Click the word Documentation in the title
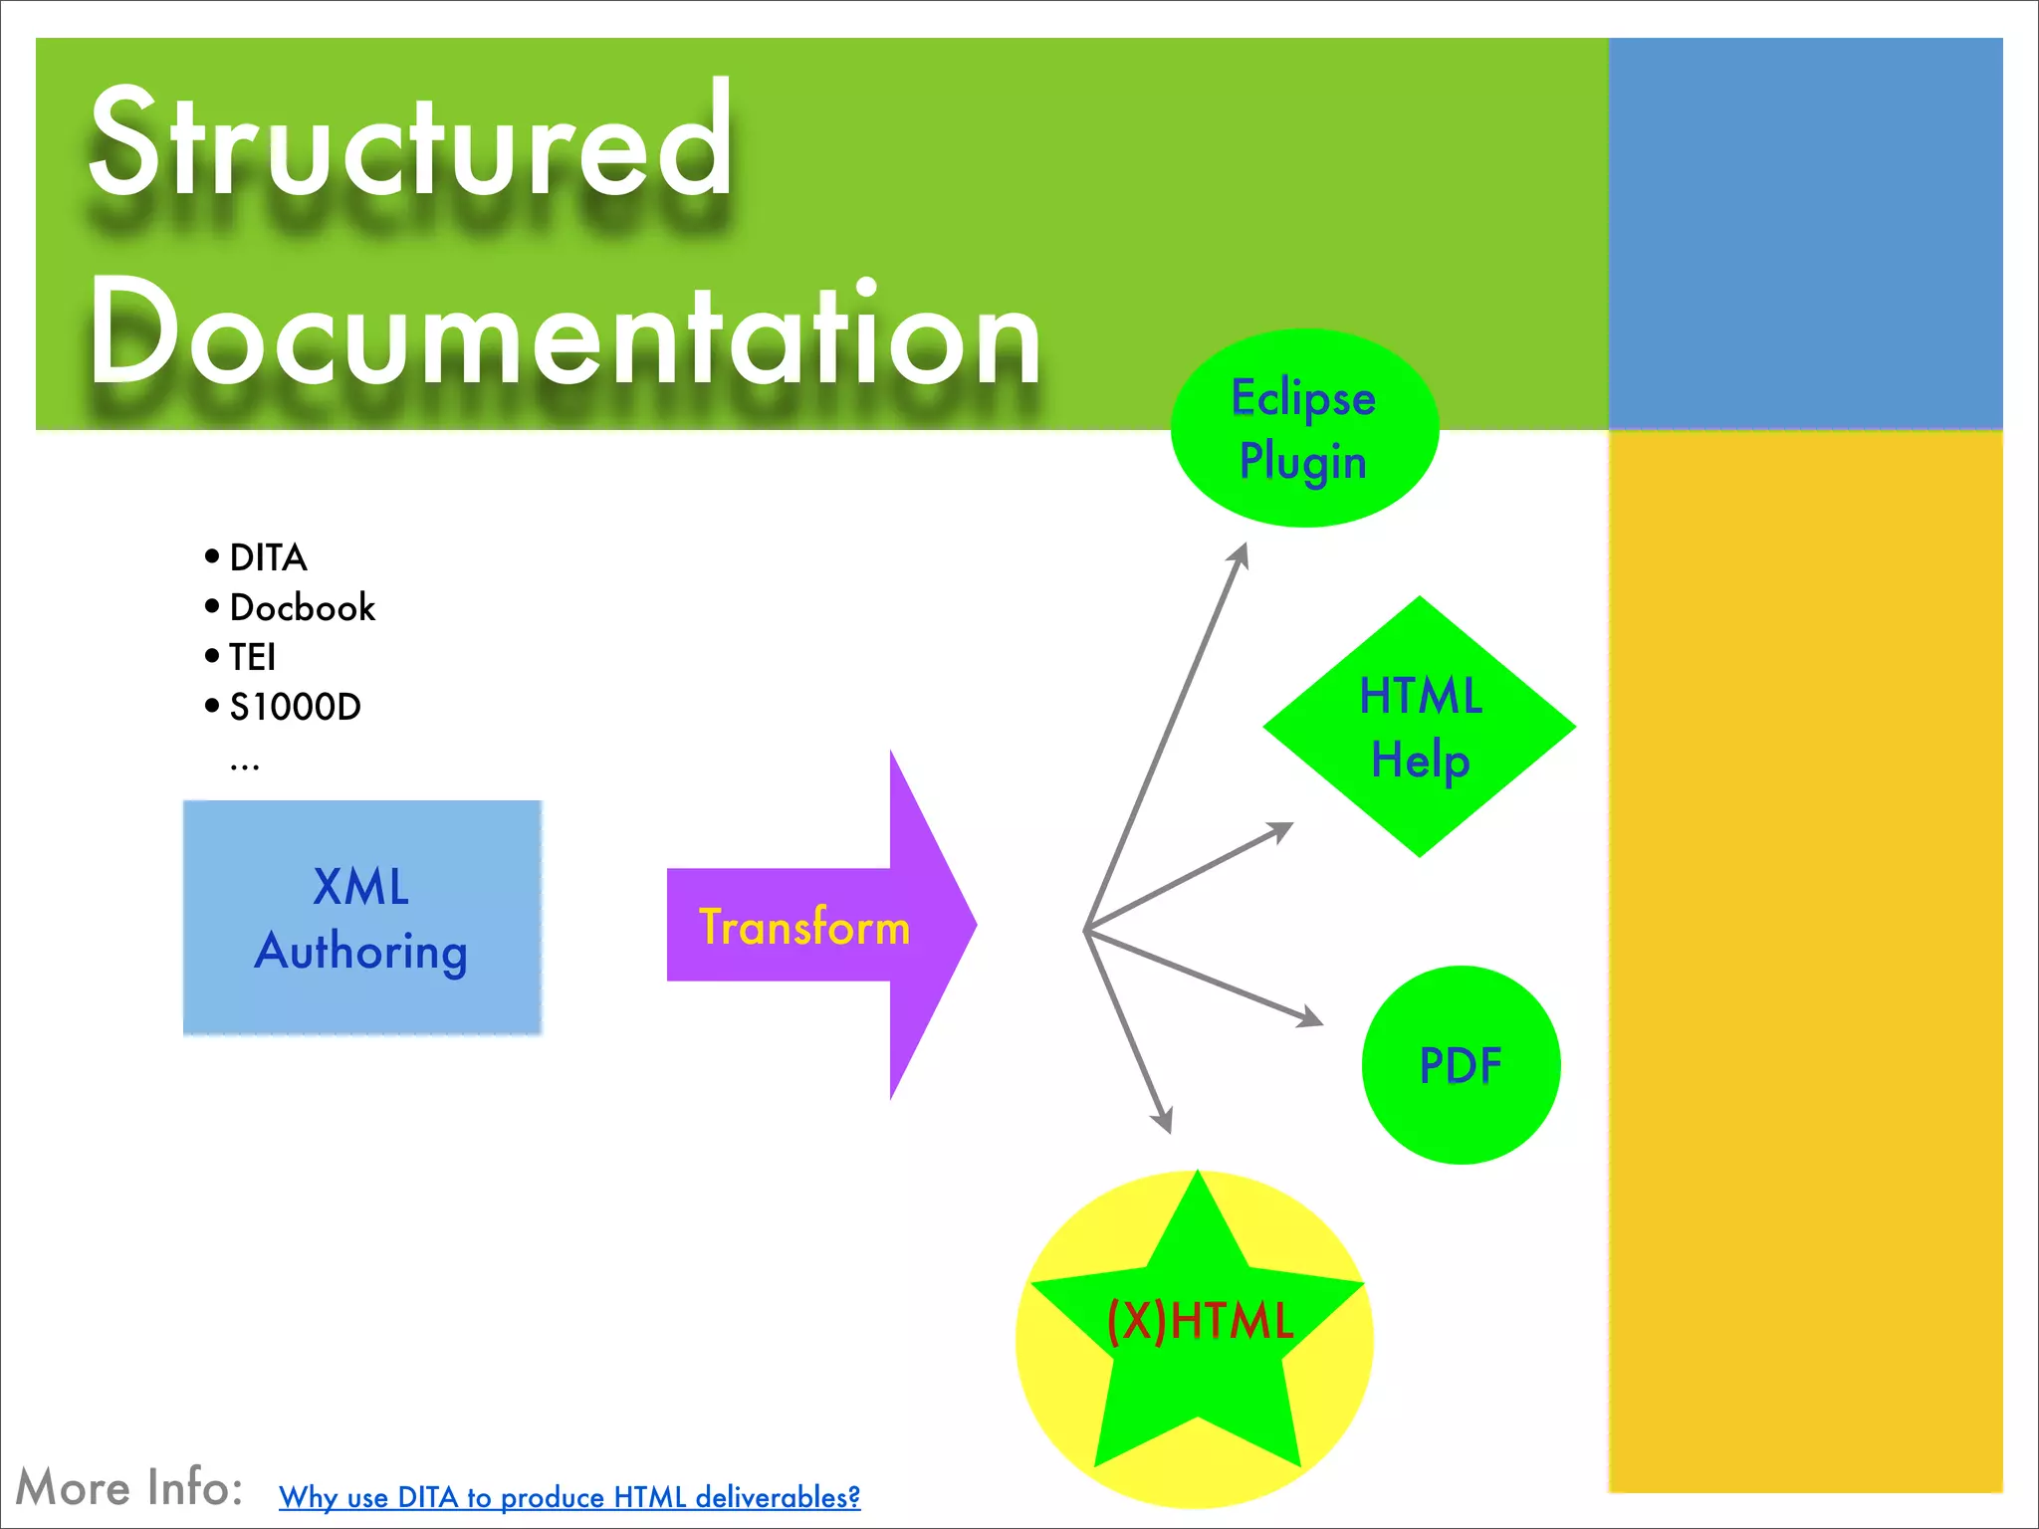563,333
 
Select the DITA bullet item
268,557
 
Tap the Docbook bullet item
302,607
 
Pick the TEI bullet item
252,657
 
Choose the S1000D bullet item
295,707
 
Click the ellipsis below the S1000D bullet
244,764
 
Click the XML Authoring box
361,918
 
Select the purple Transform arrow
804,926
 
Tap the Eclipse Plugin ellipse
1303,428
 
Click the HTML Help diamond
1420,727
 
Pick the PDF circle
1461,1064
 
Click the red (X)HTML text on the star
1200,1321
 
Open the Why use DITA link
568,1496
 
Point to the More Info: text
129,1487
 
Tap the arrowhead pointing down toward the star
1163,1121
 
